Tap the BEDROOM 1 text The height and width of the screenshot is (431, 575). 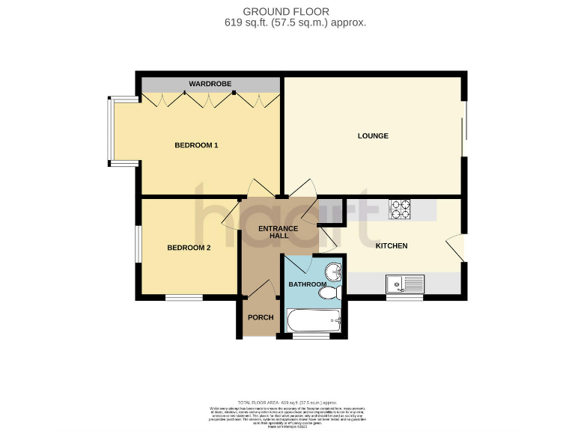tap(196, 145)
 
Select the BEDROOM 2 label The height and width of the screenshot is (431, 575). tap(189, 248)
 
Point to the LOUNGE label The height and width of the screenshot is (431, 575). tap(373, 136)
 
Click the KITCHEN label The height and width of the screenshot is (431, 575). tap(391, 245)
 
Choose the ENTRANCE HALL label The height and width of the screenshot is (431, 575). tap(278, 232)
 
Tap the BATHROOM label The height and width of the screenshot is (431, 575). tap(307, 285)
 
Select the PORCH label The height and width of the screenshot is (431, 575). tap(261, 317)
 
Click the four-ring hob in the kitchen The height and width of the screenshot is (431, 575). tap(400, 210)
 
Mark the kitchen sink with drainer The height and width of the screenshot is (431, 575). tap(404, 284)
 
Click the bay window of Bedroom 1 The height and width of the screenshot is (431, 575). tap(110, 130)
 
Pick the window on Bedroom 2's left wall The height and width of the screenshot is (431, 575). tap(137, 243)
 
